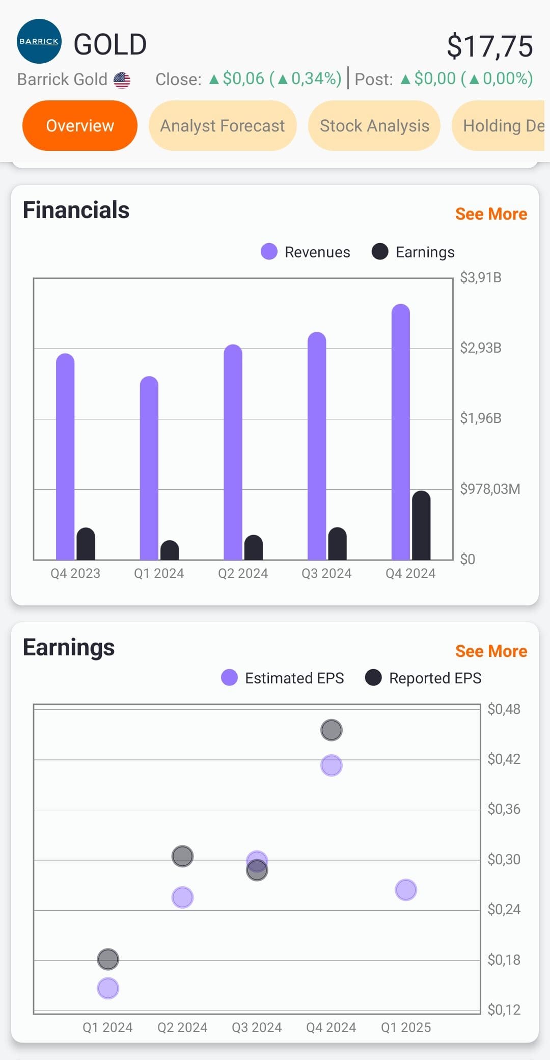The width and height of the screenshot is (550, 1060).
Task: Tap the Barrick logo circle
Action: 39,41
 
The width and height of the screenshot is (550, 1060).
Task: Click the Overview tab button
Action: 80,125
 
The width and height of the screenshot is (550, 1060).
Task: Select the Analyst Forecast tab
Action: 223,125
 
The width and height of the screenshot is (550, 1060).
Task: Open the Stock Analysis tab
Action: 374,125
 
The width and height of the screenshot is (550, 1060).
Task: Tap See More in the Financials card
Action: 491,214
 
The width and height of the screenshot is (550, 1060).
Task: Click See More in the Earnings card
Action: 491,651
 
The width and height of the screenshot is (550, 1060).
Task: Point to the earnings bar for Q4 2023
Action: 86,544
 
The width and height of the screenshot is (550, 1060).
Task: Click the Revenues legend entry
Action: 306,252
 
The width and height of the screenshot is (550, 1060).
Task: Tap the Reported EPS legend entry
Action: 424,678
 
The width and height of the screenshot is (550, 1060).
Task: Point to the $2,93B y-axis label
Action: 481,348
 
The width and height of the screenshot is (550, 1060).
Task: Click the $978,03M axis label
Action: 490,489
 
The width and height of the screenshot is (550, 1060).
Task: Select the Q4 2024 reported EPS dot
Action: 332,730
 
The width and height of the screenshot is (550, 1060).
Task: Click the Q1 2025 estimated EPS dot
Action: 406,890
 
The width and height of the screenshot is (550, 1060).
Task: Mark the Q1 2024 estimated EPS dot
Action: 108,988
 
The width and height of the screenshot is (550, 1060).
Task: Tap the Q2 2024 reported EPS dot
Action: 182,856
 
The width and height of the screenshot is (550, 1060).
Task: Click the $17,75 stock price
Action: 490,46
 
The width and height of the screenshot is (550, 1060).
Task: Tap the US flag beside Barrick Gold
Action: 122,80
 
